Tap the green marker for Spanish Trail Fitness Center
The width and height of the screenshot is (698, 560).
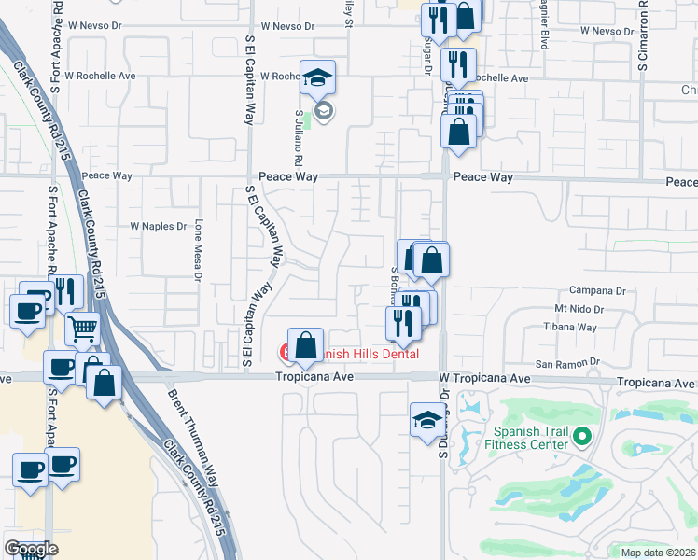[x=583, y=436]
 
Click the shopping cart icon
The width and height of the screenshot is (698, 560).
[x=83, y=329]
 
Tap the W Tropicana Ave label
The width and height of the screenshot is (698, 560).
[x=484, y=379]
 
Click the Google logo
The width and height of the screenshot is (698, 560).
[x=31, y=549]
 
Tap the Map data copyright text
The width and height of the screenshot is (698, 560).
[x=658, y=553]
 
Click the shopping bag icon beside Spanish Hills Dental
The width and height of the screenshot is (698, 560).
[x=305, y=345]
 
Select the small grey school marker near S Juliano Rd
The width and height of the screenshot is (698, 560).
[x=324, y=113]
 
